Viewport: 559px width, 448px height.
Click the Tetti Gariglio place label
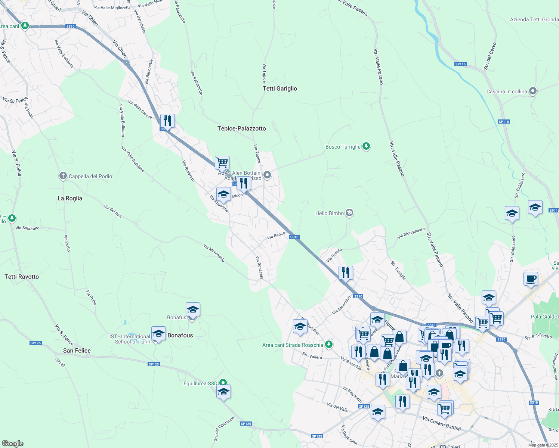point(280,88)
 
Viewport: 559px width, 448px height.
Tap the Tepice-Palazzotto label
point(241,128)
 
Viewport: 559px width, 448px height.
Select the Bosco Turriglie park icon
point(366,146)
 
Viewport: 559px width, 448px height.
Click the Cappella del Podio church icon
point(63,176)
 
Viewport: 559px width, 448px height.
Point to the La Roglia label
point(70,198)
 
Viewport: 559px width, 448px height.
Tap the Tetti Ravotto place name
point(22,277)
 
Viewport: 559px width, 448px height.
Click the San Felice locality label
point(77,351)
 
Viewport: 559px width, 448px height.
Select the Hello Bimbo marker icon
point(349,213)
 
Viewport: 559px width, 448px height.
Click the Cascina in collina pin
point(533,91)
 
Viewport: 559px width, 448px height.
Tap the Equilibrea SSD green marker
point(223,383)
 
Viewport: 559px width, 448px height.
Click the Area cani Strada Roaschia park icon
point(328,345)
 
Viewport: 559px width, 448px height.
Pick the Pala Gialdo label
point(544,317)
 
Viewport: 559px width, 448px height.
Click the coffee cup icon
point(530,279)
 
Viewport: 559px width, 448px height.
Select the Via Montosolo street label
point(214,253)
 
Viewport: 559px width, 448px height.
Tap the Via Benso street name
point(276,236)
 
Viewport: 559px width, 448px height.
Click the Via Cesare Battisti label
point(442,423)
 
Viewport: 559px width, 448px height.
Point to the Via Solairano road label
point(28,228)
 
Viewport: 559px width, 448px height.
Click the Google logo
point(12,443)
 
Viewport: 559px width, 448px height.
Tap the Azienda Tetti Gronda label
point(534,19)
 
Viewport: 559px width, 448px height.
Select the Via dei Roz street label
point(113,211)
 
